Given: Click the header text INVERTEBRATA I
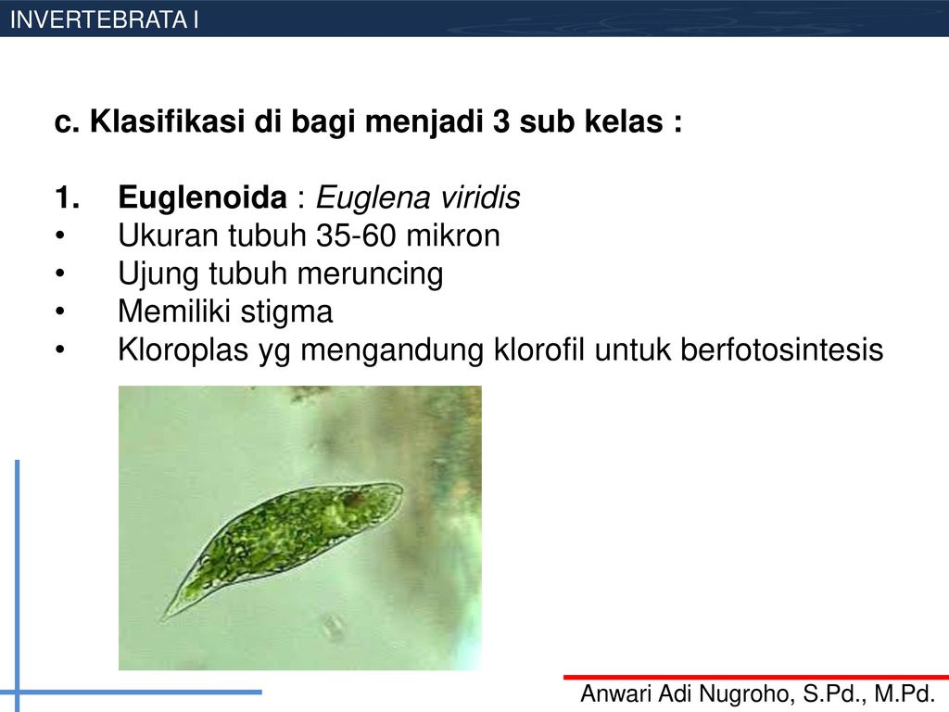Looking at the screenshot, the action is pyautogui.click(x=104, y=20).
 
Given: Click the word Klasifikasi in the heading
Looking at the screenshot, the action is pyautogui.click(x=168, y=121).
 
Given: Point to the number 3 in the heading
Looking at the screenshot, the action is pyautogui.click(x=501, y=121).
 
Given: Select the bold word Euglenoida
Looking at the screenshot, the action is pyautogui.click(x=203, y=197).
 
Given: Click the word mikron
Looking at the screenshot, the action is pyautogui.click(x=453, y=235).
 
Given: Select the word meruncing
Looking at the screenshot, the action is pyautogui.click(x=371, y=274).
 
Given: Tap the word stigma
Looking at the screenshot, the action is pyautogui.click(x=286, y=312).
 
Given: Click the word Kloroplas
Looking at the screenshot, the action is pyautogui.click(x=183, y=350).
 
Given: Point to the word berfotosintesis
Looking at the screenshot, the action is pyautogui.click(x=782, y=350).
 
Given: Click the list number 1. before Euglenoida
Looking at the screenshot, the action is pyautogui.click(x=67, y=198).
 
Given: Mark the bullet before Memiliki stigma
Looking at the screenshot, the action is pyautogui.click(x=59, y=311).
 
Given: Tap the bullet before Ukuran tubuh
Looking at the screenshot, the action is pyautogui.click(x=59, y=236).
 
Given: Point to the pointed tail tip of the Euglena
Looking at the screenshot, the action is pyautogui.click(x=164, y=617).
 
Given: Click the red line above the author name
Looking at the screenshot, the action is pyautogui.click(x=756, y=677).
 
